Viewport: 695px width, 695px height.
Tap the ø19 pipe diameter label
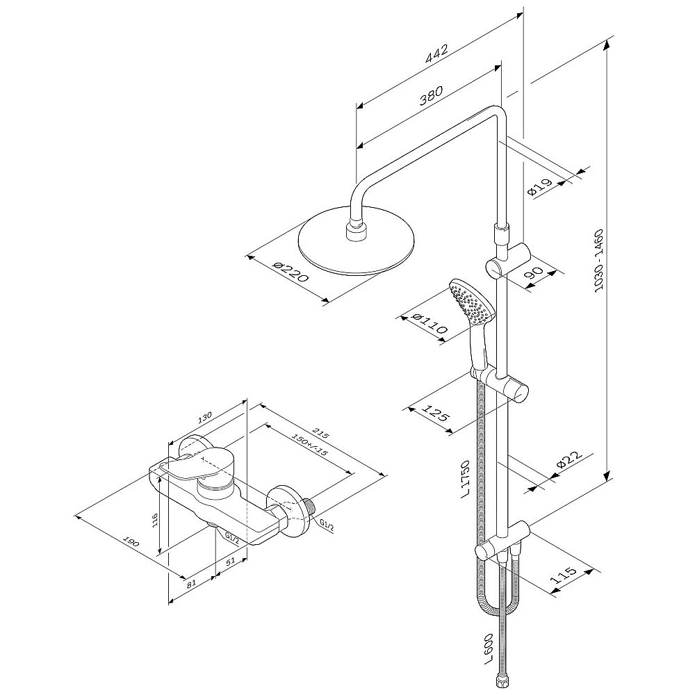tap(541, 188)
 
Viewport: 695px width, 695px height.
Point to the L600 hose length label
tap(488, 652)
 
